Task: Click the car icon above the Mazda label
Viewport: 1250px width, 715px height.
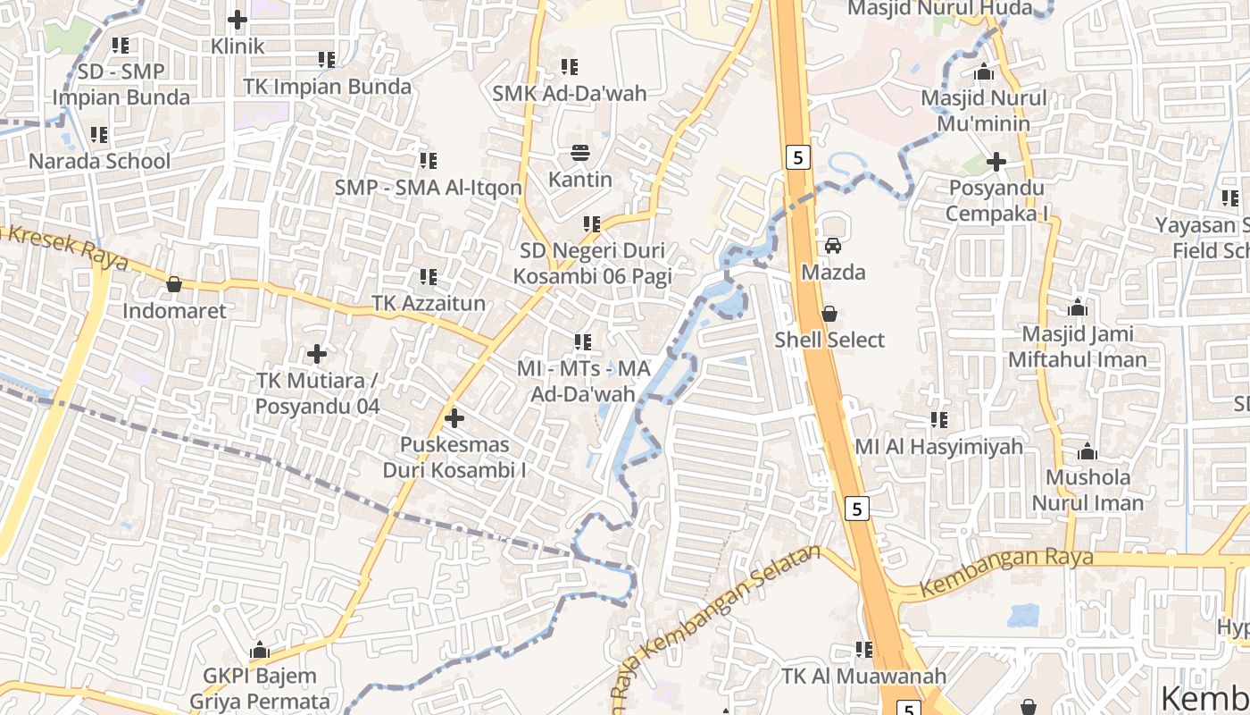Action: point(833,246)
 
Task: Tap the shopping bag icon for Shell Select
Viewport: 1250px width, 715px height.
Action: point(829,314)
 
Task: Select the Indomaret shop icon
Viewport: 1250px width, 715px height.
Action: point(174,284)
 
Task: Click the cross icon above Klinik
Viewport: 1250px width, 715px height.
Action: point(237,19)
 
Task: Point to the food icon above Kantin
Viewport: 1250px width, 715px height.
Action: point(580,152)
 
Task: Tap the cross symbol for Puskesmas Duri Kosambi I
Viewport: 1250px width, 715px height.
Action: point(454,417)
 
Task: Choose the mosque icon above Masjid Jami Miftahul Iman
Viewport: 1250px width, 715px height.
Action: point(1078,308)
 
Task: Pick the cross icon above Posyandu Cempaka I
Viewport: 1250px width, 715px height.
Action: point(996,162)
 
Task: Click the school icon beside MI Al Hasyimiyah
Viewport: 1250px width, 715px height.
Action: point(939,419)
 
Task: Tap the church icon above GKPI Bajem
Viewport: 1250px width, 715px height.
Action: point(260,649)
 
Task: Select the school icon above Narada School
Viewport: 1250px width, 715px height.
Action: point(99,135)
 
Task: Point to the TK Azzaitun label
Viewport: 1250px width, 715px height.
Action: point(429,304)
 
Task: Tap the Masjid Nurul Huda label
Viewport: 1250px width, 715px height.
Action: point(939,9)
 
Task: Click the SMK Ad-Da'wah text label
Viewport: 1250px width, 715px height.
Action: point(570,93)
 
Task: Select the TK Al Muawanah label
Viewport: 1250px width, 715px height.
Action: point(863,677)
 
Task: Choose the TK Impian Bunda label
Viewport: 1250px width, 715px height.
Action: point(328,87)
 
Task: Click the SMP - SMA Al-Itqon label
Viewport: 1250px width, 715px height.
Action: point(429,188)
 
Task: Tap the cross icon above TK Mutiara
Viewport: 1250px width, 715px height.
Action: point(317,354)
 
